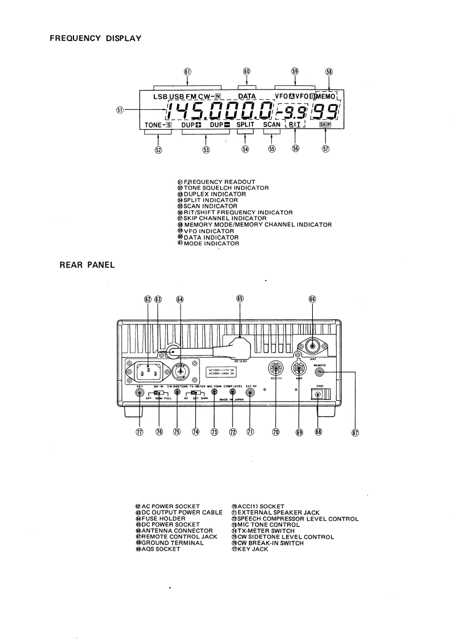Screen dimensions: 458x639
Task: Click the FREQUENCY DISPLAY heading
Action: [95, 38]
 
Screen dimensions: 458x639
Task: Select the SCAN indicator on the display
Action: [272, 124]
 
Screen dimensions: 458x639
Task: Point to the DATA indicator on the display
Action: [247, 96]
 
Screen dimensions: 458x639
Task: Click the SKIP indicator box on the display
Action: [325, 124]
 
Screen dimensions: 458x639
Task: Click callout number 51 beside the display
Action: [117, 110]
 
